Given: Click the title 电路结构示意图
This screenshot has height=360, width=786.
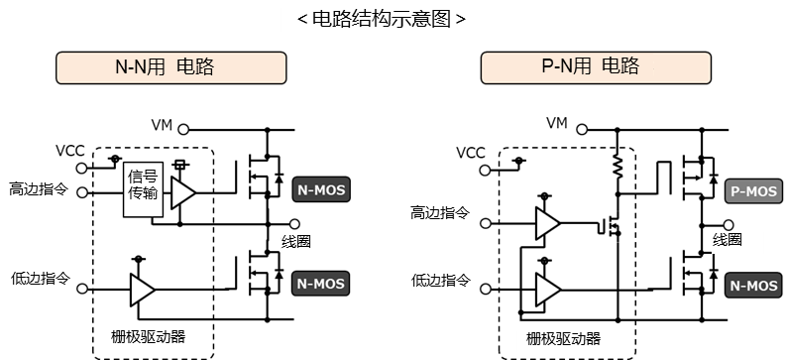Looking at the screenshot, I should [382, 20].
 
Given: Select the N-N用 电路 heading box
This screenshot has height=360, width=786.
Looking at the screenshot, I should [171, 67].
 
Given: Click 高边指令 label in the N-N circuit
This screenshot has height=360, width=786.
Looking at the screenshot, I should [40, 188].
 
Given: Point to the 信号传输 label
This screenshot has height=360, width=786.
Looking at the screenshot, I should [143, 185].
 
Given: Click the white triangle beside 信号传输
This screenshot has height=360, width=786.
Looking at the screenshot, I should [182, 192].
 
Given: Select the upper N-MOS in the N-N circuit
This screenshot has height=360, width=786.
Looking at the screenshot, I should [322, 189].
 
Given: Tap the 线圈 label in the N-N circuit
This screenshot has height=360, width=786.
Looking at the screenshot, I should [306, 243].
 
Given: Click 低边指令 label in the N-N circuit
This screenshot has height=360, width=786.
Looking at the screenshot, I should [40, 278].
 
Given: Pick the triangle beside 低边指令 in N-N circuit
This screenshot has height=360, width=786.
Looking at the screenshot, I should [142, 290].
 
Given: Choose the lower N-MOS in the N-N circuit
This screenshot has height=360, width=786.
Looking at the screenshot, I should [322, 284].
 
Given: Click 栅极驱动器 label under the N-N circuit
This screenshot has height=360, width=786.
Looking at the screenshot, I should [149, 337].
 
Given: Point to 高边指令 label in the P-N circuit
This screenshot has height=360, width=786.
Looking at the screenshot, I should [442, 213].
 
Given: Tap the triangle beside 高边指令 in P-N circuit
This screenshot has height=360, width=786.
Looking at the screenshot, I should [546, 223].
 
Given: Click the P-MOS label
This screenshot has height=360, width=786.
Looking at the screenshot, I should [754, 191].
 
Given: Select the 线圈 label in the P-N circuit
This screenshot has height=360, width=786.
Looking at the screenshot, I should [737, 241].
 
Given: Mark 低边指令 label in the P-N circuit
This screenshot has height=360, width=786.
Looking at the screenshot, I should [442, 281].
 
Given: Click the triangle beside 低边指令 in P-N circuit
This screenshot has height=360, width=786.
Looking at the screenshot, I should [546, 290].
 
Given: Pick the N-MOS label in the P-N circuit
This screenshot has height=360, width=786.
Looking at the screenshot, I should [754, 286].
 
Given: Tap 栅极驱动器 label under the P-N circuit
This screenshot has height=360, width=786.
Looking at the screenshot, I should [563, 339].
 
